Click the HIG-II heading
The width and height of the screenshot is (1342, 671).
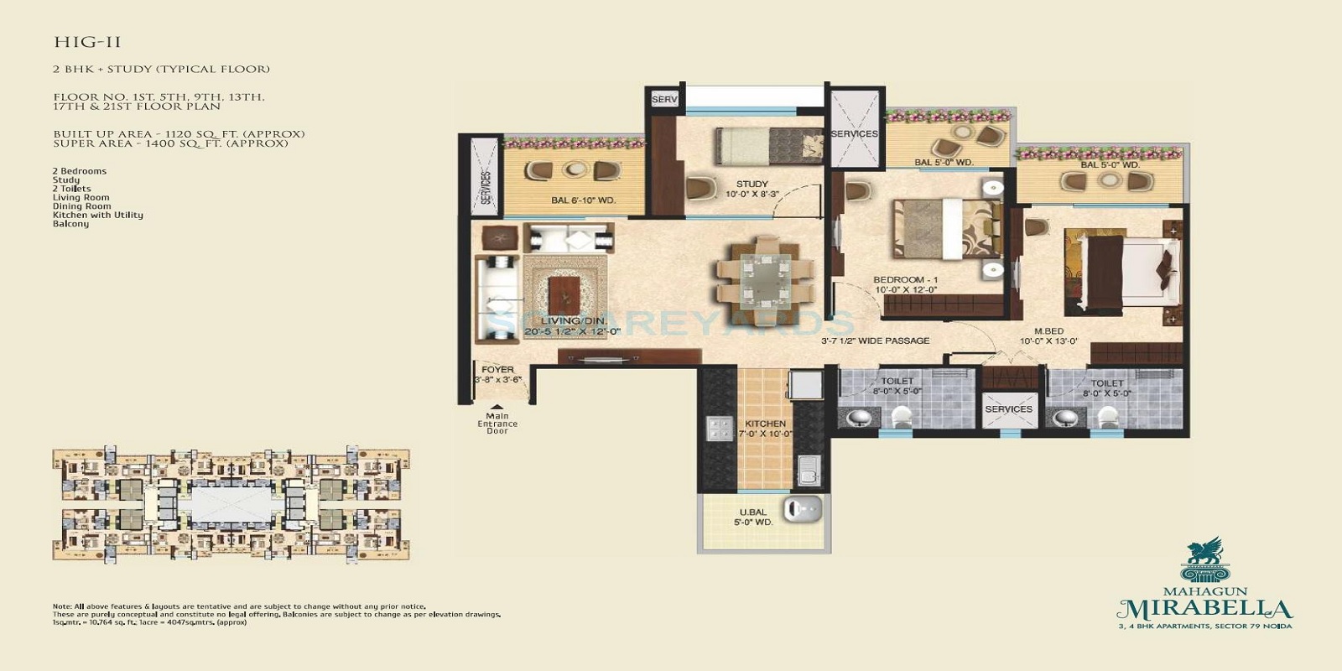coord(87,42)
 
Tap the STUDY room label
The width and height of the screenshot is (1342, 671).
coord(752,185)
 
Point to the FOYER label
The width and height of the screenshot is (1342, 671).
coord(497,370)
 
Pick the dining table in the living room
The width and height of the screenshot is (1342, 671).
coord(764,278)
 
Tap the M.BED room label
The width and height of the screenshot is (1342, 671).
coord(1048,332)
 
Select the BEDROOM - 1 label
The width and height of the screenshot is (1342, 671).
coord(905,280)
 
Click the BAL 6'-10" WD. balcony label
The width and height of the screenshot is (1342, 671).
coord(583,200)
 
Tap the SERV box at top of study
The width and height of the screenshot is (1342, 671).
coord(663,99)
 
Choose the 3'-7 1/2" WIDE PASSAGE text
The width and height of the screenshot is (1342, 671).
coord(875,341)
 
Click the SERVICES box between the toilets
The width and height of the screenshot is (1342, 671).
coord(1008,409)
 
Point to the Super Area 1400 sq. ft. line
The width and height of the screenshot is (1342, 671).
coord(170,143)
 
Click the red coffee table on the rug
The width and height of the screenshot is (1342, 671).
coord(564,296)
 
